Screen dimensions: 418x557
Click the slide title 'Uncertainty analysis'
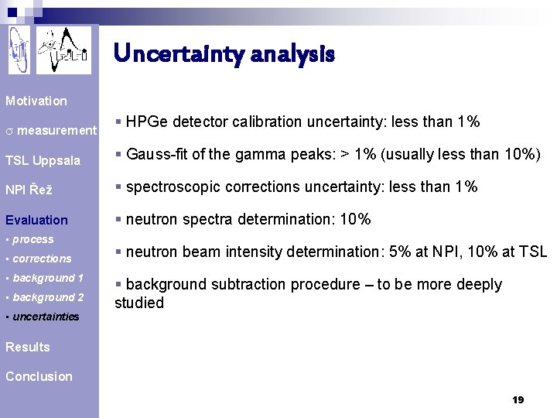(224, 53)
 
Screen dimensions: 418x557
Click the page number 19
(518, 399)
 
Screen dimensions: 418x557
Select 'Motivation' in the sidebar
(36, 101)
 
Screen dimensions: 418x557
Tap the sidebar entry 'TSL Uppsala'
(43, 161)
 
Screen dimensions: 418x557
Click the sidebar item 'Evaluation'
(36, 220)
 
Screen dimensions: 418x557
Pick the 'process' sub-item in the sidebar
(32, 240)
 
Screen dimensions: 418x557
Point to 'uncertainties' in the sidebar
(46, 317)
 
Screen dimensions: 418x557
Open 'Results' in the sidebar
(28, 347)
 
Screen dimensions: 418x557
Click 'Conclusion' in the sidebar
(39, 376)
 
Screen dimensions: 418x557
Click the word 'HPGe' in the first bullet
(145, 122)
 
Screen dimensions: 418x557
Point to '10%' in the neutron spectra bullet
(355, 219)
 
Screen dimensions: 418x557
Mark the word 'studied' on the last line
(139, 303)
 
